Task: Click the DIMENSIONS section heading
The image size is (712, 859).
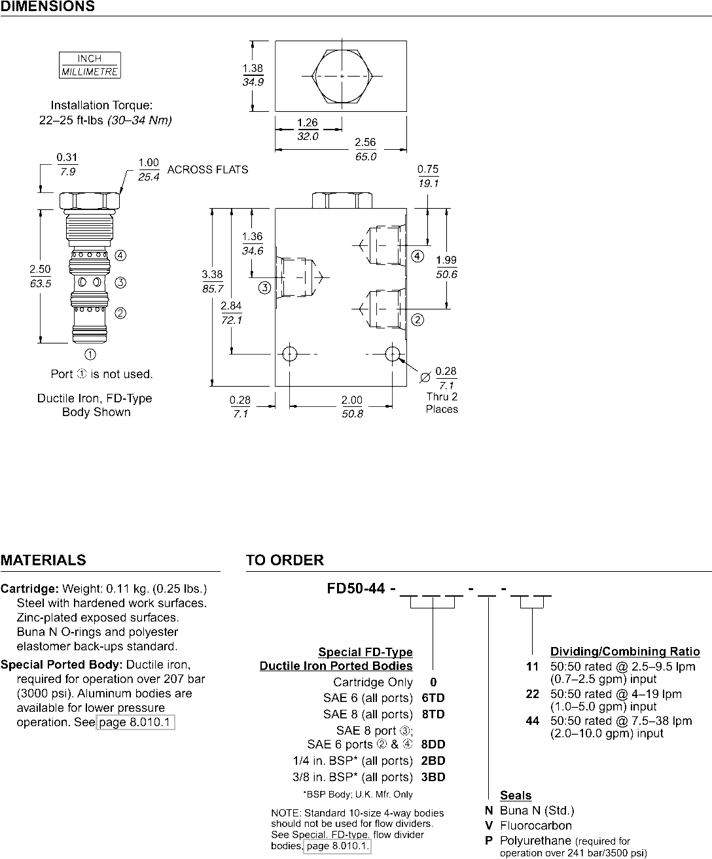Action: (x=47, y=7)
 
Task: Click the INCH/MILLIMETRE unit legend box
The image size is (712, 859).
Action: (x=90, y=65)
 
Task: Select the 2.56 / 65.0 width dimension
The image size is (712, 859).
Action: (x=365, y=150)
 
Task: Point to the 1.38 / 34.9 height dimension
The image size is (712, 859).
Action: (x=253, y=75)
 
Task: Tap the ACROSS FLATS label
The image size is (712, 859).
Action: (x=208, y=169)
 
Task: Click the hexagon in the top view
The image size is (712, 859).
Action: (x=342, y=76)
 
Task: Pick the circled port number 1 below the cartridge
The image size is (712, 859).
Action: (x=90, y=355)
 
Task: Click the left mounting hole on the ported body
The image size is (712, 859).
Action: (x=289, y=354)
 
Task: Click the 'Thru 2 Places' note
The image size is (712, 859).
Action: (x=442, y=402)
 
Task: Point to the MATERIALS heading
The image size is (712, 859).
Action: (x=43, y=560)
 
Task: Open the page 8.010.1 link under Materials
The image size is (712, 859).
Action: (x=135, y=722)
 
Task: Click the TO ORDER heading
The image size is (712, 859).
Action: (x=285, y=560)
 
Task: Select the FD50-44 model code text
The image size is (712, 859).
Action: (x=357, y=587)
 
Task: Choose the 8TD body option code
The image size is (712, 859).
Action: (x=433, y=714)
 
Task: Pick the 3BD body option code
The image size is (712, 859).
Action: (x=433, y=777)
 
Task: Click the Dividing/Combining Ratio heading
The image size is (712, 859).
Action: (x=625, y=652)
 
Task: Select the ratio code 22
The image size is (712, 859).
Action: (x=532, y=694)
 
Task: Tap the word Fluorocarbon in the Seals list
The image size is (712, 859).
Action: (x=536, y=826)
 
